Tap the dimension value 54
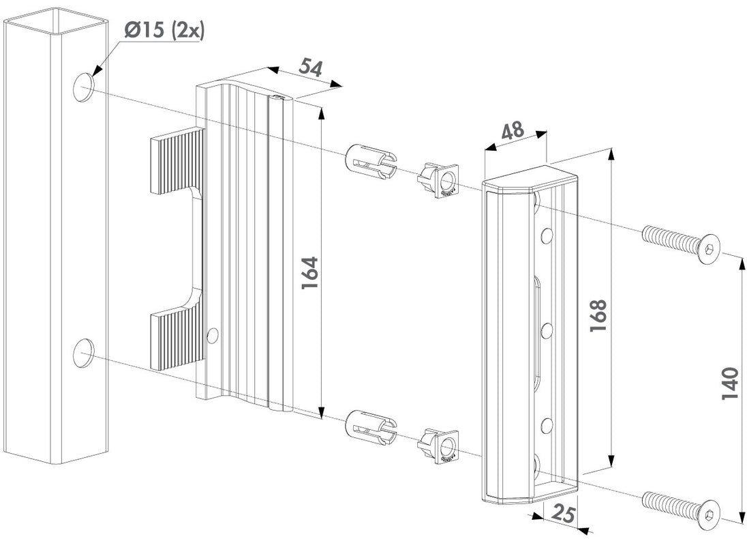[309, 69]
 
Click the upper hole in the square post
[84, 88]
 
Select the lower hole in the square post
[84, 352]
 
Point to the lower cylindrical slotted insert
[371, 426]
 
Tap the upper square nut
[438, 180]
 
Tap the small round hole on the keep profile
[213, 334]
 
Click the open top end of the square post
[55, 20]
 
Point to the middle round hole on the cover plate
[546, 331]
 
